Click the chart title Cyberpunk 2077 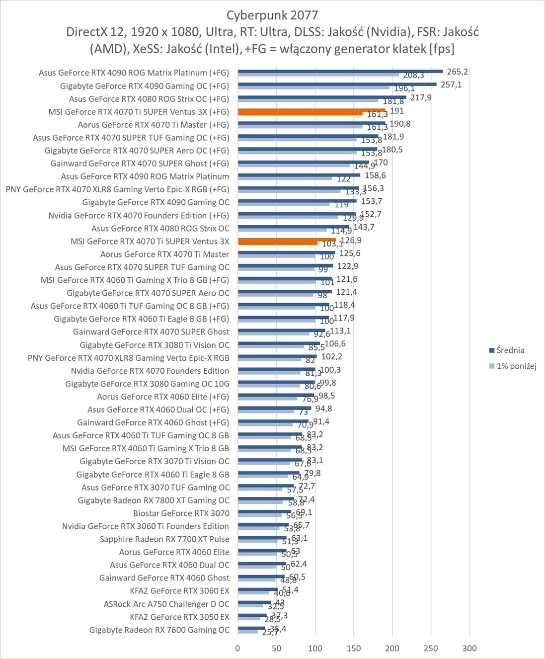click(272, 15)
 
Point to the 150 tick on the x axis click(354, 648)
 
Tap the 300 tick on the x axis click(469, 648)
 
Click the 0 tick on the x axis click(238, 648)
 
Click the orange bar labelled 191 click(311, 110)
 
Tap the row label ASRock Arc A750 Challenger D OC click(166, 604)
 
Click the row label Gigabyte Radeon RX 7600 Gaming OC click(159, 630)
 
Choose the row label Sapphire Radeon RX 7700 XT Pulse click(164, 539)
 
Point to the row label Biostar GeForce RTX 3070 click(181, 513)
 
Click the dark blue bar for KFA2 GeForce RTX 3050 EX click(252, 615)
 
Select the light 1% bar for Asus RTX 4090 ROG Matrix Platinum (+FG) click(318, 75)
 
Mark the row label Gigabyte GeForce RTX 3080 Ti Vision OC click(155, 344)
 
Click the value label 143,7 click(364, 227)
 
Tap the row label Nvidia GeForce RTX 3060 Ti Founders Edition click(146, 526)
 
